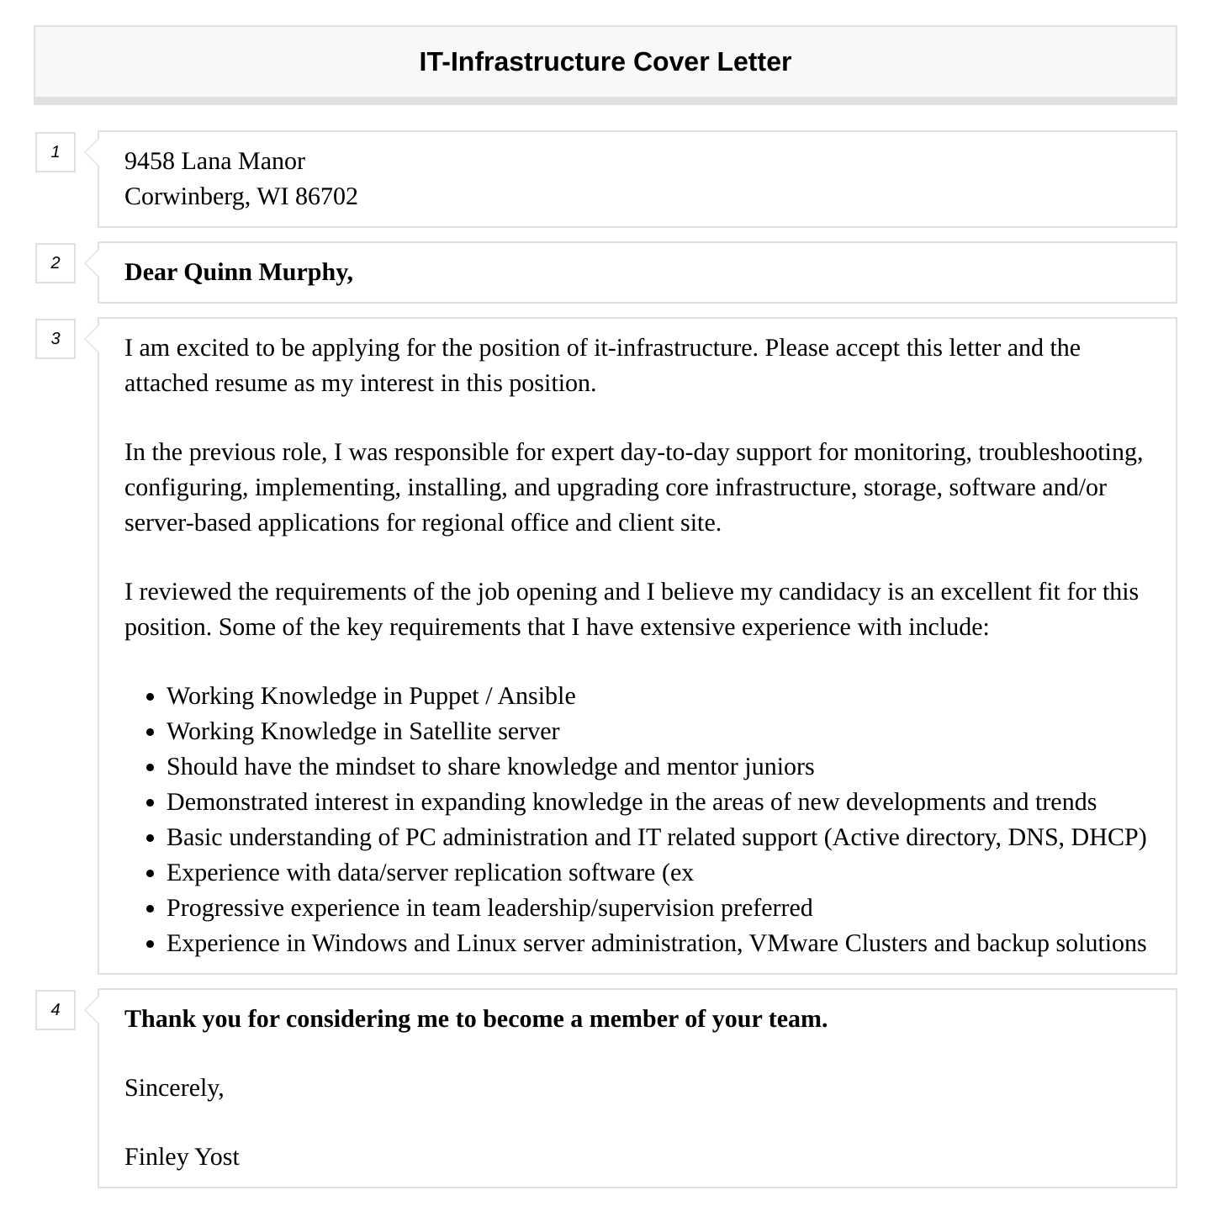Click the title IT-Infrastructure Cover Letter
click(x=605, y=62)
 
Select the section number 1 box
click(x=56, y=152)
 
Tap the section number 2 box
click(x=56, y=263)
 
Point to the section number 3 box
click(x=56, y=339)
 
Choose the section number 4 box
click(x=56, y=1010)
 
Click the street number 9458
click(x=150, y=161)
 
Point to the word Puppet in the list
click(x=443, y=696)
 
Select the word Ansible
click(x=537, y=696)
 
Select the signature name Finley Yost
click(x=182, y=1157)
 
